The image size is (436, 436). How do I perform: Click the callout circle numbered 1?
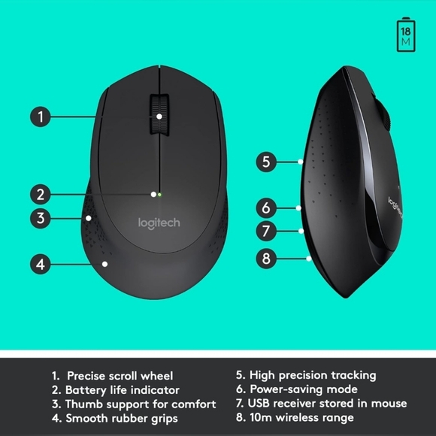[41, 117]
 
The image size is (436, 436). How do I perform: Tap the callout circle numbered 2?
[41, 194]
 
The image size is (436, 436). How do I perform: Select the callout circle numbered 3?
[41, 219]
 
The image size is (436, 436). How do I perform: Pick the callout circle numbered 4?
[41, 264]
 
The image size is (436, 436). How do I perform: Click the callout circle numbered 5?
[266, 161]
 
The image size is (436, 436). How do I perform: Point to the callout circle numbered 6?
[266, 207]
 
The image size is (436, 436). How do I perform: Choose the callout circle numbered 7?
[266, 232]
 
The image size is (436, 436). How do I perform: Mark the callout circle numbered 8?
[266, 258]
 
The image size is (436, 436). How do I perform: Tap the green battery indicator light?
[159, 194]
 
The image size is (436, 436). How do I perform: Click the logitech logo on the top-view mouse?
[159, 223]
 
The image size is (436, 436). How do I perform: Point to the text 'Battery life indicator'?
[123, 389]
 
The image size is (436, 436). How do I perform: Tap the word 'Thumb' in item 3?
[83, 404]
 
